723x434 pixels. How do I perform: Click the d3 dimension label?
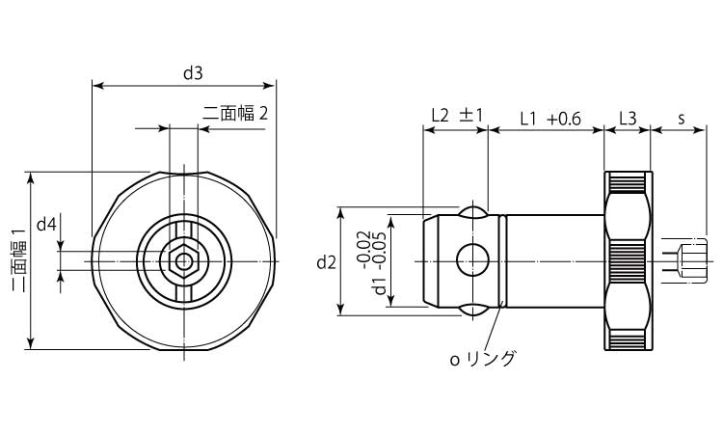coord(193,73)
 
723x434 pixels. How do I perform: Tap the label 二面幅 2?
coord(235,113)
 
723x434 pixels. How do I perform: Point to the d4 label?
coord(46,225)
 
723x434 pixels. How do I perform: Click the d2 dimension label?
coord(327,262)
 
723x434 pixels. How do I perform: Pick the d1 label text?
coord(381,285)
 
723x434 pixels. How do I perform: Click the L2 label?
coord(440,116)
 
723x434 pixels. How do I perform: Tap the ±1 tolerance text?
coord(470,116)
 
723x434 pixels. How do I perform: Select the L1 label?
coord(528,120)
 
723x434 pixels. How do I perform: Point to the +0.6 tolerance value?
coord(564,120)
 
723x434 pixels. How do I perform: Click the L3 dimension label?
coord(628,119)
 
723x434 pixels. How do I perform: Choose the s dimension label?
coord(682,119)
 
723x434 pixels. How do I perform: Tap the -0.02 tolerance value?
coord(364,249)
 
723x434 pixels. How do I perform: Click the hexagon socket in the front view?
coord(184,261)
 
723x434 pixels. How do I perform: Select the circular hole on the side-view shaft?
coord(472,260)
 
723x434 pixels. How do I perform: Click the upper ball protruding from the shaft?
coord(472,211)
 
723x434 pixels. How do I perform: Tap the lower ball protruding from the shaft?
coord(472,312)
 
